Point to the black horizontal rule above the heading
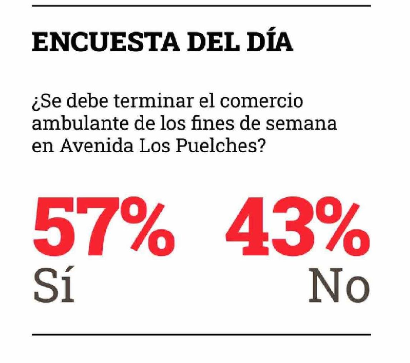[201, 6]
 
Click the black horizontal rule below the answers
[201, 335]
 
